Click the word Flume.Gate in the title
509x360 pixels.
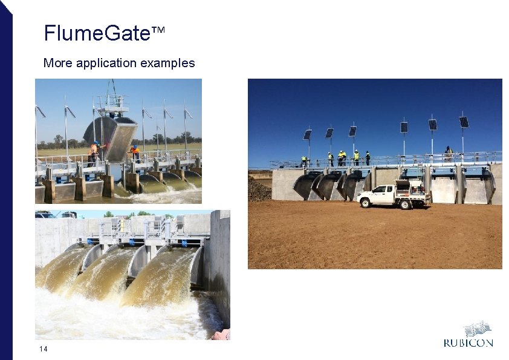pos(96,33)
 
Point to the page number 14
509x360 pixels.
pos(43,349)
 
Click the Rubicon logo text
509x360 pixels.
pos(468,343)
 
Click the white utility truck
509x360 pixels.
pos(393,195)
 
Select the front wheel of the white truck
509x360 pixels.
pos(366,203)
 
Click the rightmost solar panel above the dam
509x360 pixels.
pos(464,122)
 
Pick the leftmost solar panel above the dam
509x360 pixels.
pos(307,134)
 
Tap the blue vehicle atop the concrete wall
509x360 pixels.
pos(45,214)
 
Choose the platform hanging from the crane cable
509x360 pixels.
pos(112,103)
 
